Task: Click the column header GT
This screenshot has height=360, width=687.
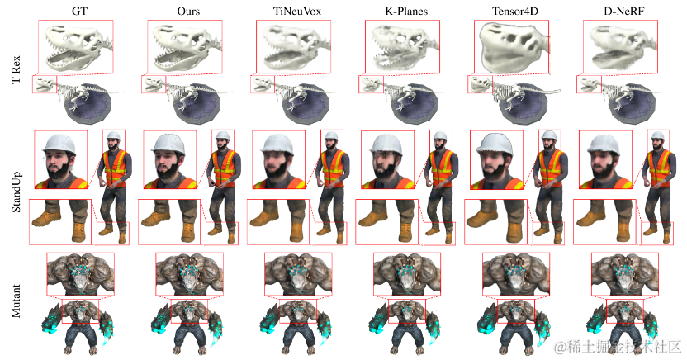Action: click(79, 11)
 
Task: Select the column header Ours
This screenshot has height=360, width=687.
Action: click(188, 11)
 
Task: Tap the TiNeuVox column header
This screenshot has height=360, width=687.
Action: click(297, 11)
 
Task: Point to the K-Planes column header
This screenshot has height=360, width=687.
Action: click(406, 11)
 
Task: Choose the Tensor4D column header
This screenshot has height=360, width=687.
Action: click(514, 11)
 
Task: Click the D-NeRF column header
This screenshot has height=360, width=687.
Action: click(624, 11)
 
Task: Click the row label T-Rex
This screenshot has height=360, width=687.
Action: click(17, 70)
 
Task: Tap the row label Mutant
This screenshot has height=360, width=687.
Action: click(17, 301)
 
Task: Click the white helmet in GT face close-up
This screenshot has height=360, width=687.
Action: click(61, 143)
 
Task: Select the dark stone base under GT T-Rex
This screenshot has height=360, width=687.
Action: click(88, 109)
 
